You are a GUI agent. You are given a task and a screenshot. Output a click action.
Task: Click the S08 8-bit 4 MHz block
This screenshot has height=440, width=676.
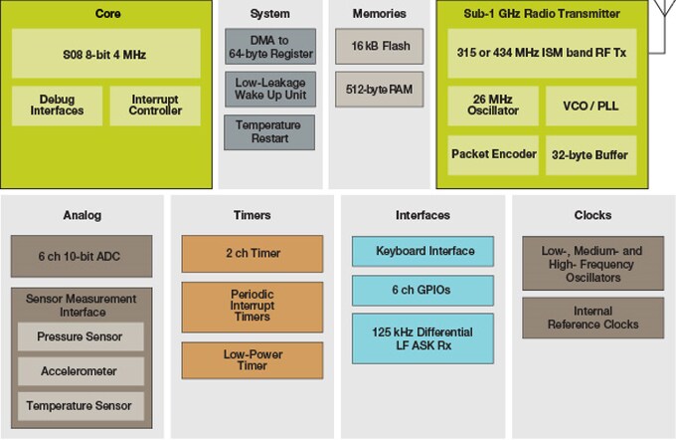click(x=106, y=54)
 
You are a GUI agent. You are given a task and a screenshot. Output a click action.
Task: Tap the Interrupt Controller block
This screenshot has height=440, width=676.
click(x=155, y=105)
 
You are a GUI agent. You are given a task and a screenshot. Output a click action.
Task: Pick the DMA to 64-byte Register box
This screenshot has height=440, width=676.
click(x=269, y=47)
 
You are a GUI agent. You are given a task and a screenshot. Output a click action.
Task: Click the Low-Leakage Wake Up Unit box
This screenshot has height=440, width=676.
click(x=269, y=90)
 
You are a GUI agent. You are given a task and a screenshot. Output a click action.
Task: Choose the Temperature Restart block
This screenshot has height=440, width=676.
click(x=269, y=132)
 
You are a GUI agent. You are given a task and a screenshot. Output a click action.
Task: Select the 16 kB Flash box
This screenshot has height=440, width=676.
click(x=380, y=46)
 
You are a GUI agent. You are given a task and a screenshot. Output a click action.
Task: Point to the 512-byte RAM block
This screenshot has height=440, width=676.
click(x=380, y=88)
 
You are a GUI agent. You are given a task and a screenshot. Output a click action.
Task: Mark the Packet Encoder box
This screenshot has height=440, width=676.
click(x=494, y=154)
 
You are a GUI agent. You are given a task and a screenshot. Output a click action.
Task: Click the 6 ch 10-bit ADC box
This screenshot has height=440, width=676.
click(x=81, y=256)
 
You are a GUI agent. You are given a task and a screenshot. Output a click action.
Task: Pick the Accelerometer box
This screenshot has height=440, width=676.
click(x=81, y=370)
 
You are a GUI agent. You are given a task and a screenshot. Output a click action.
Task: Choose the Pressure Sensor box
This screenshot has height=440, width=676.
click(x=81, y=336)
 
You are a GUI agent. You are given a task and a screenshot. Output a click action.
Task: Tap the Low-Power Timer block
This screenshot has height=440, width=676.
click(x=252, y=359)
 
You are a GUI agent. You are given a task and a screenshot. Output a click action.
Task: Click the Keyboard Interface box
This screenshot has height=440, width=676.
click(x=424, y=251)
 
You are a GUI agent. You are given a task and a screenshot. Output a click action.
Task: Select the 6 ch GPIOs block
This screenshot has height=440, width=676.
click(x=424, y=291)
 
